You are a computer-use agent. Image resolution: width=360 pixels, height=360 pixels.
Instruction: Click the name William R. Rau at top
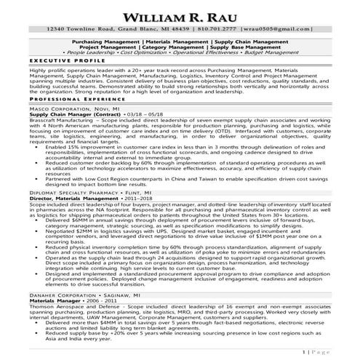coord(180,15)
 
